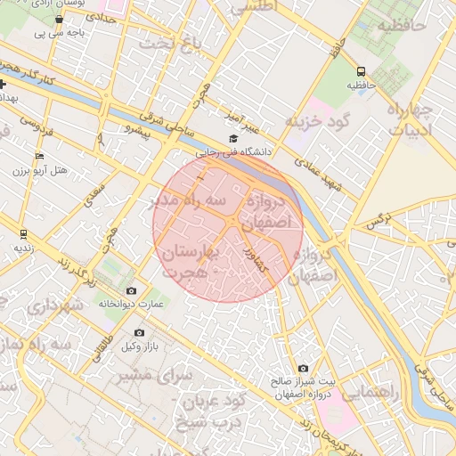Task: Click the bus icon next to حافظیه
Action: pos(361,71)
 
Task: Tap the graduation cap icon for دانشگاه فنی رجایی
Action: pos(233,138)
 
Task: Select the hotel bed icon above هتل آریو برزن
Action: pos(37,156)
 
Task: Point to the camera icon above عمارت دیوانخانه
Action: pos(132,290)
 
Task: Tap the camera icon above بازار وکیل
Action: pos(138,333)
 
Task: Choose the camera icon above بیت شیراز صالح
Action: pos(303,368)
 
